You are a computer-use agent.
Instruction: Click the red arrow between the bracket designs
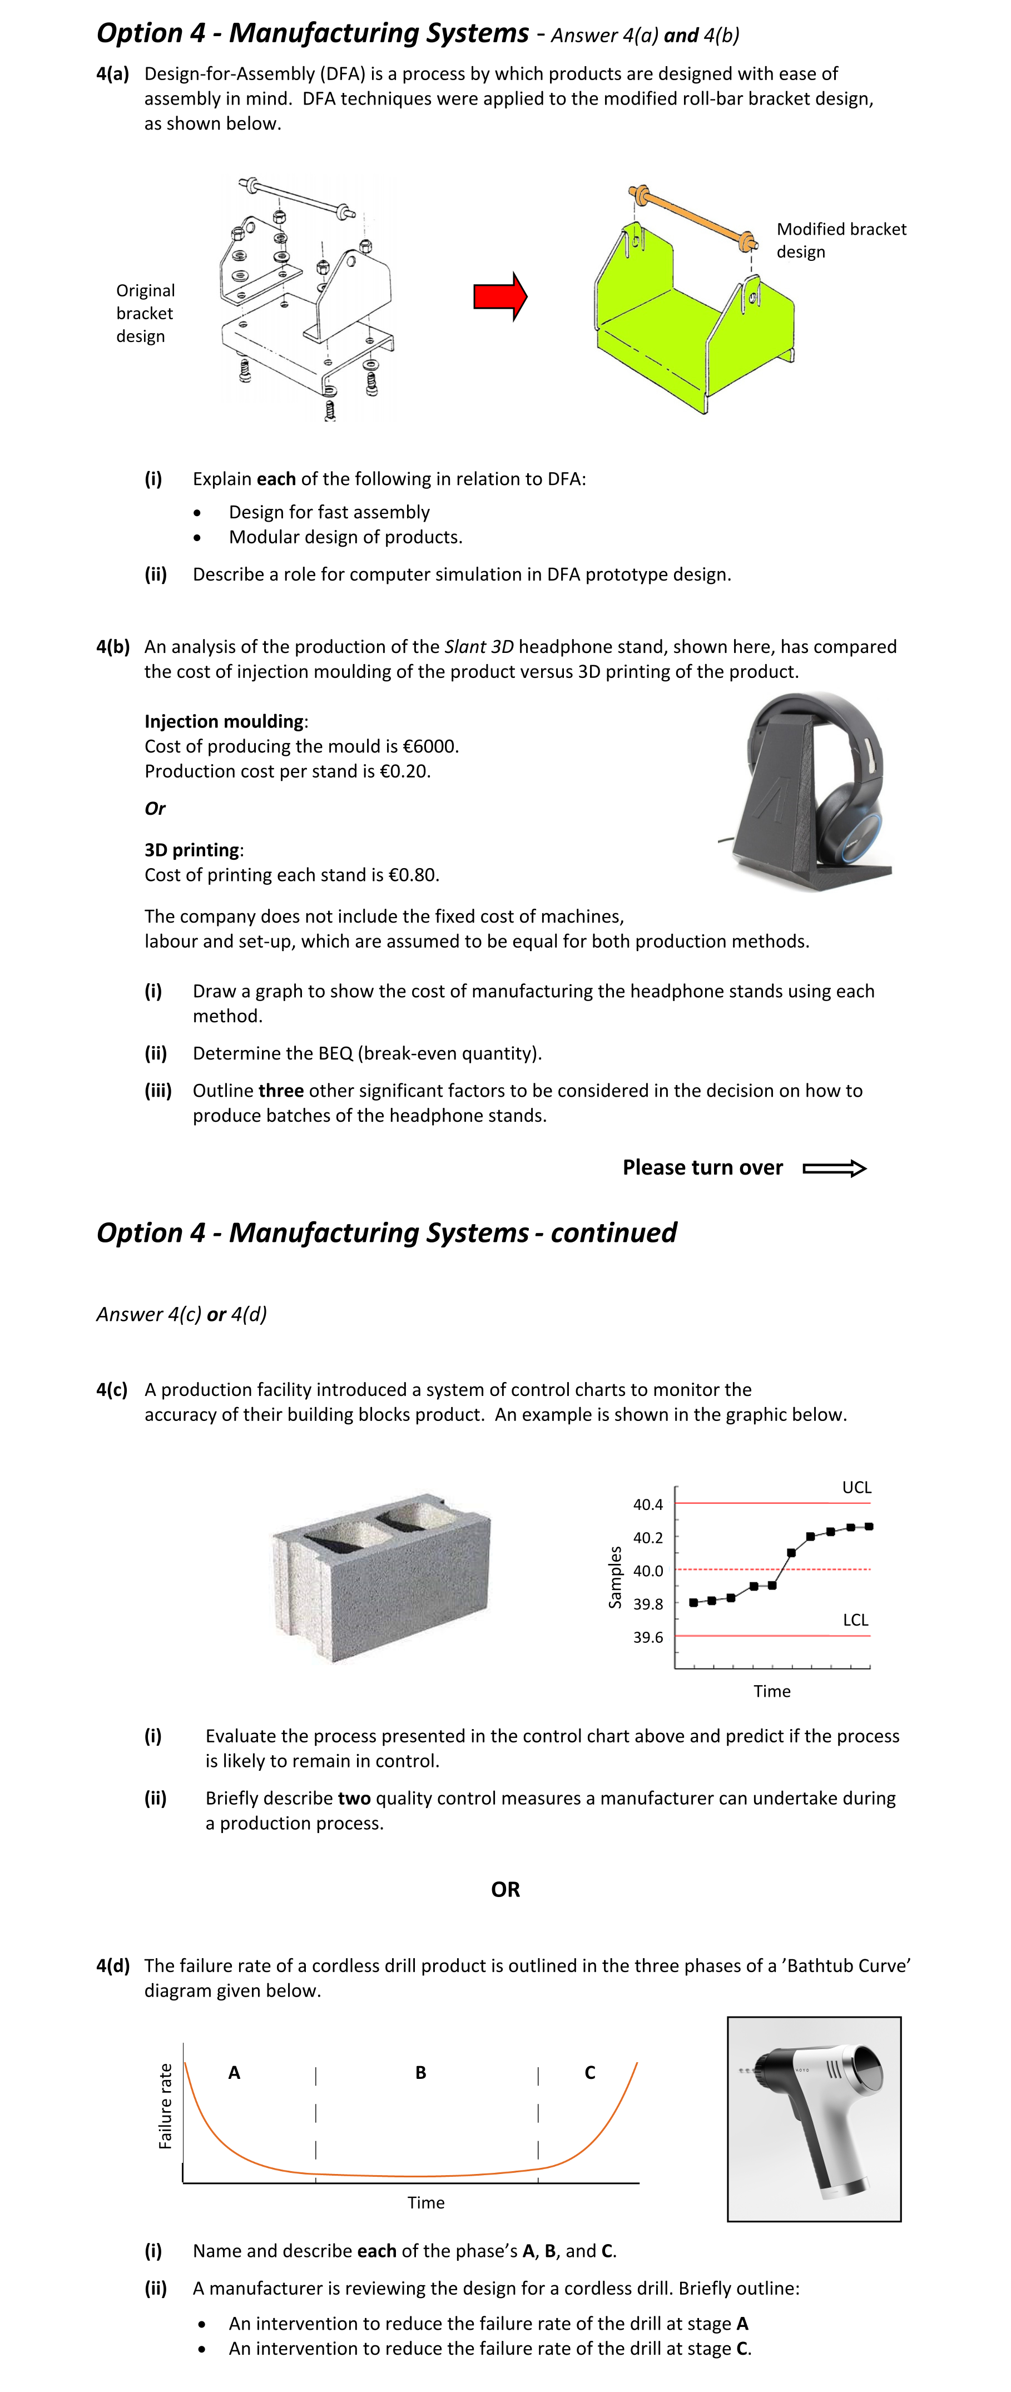click(x=499, y=296)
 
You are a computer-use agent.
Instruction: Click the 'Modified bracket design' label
click(x=840, y=240)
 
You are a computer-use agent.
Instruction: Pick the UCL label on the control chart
click(x=856, y=1487)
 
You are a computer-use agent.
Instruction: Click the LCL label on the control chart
click(x=855, y=1620)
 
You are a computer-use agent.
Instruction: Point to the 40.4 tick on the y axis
click(x=648, y=1504)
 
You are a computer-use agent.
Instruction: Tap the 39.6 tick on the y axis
click(x=648, y=1637)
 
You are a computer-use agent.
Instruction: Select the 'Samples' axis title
click(x=614, y=1577)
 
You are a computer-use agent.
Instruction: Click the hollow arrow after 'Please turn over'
click(x=834, y=1168)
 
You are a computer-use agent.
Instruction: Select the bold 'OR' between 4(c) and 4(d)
click(x=505, y=1890)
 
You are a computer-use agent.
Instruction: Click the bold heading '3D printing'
click(x=192, y=850)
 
